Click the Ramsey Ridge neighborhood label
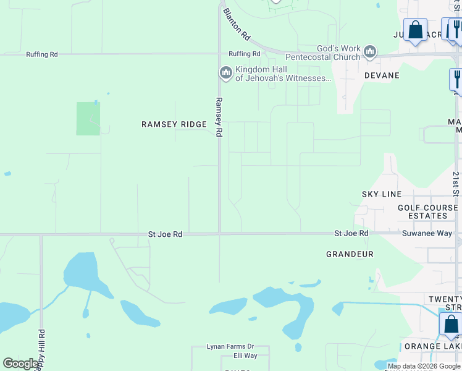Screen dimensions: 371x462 pos(174,124)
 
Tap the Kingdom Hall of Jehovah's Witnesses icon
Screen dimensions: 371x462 pos(225,74)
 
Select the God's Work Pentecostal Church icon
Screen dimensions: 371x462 pos(371,52)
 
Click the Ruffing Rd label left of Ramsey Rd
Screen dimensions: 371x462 pos(42,54)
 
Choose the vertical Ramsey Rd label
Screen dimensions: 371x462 pos(219,117)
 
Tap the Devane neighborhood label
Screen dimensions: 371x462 pos(382,75)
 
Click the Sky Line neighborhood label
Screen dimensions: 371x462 pos(382,194)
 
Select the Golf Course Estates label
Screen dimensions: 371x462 pos(423,212)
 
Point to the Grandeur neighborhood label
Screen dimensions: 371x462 pos(350,254)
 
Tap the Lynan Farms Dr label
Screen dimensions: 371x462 pos(231,347)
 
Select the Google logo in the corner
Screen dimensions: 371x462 pos(20,364)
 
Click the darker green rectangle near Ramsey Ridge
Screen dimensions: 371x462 pos(88,119)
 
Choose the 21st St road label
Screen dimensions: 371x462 pos(455,184)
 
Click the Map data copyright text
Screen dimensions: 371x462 pos(424,366)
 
